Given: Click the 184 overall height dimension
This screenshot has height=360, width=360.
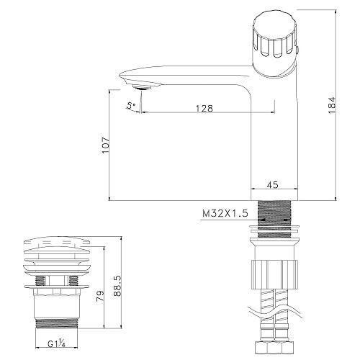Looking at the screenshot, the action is (x=331, y=105).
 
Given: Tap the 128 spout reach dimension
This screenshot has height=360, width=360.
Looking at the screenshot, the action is (x=204, y=109).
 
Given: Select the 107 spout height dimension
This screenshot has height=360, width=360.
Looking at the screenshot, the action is (x=106, y=145).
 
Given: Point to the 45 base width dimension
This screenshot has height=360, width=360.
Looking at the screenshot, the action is (x=272, y=185).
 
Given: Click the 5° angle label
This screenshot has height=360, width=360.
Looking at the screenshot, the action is (x=131, y=105).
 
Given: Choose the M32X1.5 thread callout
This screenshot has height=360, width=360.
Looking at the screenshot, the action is (x=225, y=213).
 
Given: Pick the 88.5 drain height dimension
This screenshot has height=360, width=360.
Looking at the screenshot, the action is (x=117, y=286).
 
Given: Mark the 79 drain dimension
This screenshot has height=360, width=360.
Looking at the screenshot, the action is (x=100, y=296).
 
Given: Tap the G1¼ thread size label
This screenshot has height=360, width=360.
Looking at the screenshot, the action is (x=56, y=344).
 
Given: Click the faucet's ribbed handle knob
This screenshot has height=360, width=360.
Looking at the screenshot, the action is (x=274, y=45).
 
